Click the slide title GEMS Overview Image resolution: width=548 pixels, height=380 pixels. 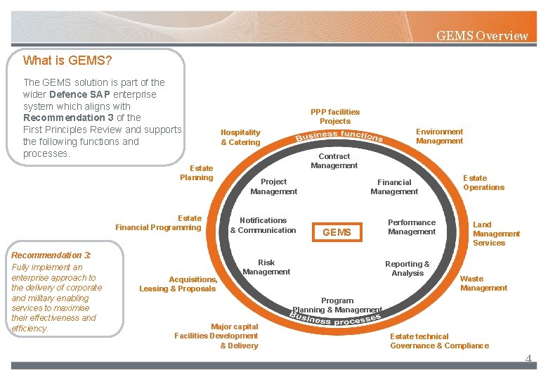[x=482, y=36]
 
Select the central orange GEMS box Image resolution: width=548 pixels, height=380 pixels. [x=337, y=232]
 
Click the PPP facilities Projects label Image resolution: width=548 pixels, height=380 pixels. [x=335, y=117]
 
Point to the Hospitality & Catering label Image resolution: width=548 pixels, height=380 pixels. [x=240, y=137]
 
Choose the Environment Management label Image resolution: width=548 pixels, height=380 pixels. [x=439, y=137]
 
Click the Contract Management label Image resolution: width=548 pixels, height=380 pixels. [x=334, y=161]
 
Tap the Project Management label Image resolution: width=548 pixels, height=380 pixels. [x=273, y=186]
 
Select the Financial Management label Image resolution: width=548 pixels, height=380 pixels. [x=394, y=186]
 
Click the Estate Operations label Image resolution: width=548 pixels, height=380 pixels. [x=483, y=183]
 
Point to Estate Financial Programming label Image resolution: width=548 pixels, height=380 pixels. [x=159, y=223]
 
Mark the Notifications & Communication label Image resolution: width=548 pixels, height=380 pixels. [x=263, y=225]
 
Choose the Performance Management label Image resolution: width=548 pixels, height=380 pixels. [x=412, y=227]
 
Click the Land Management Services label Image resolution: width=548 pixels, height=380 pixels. [x=496, y=234]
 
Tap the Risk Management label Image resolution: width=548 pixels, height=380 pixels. [x=266, y=267]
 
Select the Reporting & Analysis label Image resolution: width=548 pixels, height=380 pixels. [x=407, y=269]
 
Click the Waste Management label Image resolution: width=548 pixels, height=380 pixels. [x=483, y=284]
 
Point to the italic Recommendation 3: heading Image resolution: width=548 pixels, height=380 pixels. [x=51, y=255]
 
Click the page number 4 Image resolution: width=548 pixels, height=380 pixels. [x=528, y=360]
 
